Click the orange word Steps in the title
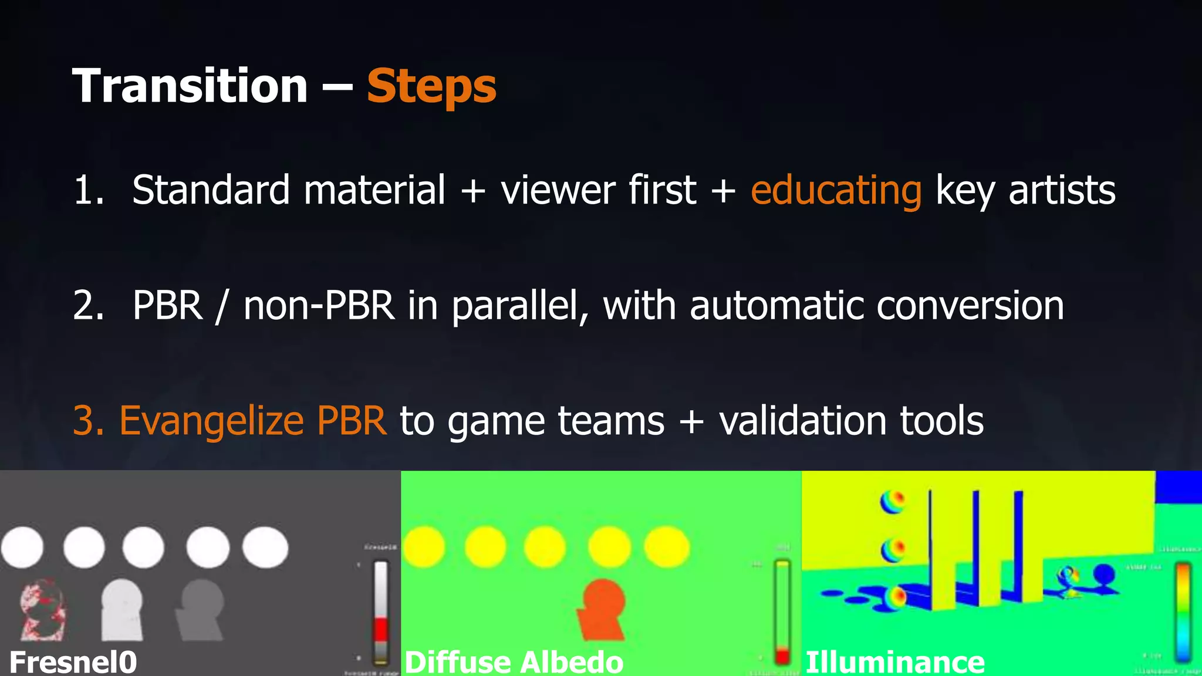431,87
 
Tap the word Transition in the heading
190,86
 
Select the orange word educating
836,191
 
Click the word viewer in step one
558,191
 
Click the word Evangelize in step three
211,421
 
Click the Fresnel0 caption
73,662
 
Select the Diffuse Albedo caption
514,662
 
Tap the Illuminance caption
894,662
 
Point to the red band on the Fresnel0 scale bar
381,629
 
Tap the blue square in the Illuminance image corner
1179,486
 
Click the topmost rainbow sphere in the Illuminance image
892,502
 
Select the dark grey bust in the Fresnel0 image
201,610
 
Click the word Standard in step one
211,191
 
